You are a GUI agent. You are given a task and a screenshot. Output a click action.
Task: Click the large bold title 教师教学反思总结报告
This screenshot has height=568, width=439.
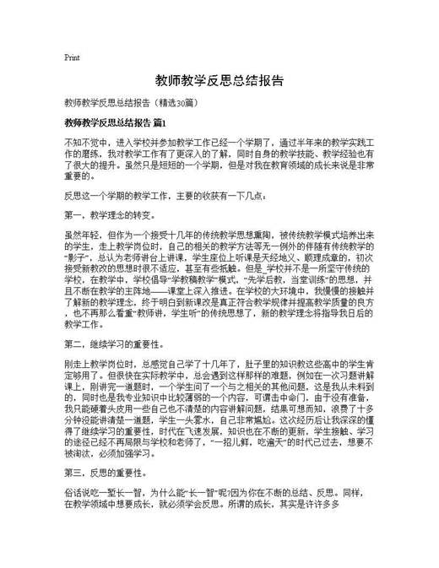pos(219,82)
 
